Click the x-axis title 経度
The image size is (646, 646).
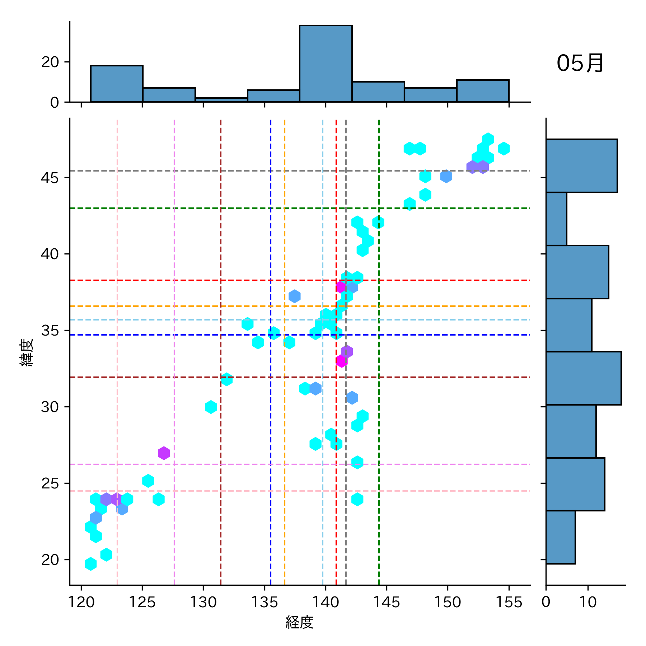pos(300,622)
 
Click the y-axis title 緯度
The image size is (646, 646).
pos(27,352)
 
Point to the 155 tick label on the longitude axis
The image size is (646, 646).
pos(509,602)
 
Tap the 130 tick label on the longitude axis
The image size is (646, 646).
pos(203,602)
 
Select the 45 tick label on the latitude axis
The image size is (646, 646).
pos(50,178)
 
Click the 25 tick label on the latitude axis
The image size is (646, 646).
pos(50,483)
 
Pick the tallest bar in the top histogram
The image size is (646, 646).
pos(326,64)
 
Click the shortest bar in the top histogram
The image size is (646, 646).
pos(221,100)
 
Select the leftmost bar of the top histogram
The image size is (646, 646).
pos(117,84)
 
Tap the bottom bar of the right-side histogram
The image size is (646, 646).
pos(560,537)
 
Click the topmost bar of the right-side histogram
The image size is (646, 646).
pos(581,166)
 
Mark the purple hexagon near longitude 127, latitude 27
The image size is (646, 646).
pos(164,453)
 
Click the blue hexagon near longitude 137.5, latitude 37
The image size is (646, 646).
pos(294,296)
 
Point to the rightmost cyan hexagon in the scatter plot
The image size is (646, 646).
pos(504,149)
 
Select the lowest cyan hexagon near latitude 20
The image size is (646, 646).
pos(91,564)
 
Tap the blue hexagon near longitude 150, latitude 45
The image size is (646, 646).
pos(446,176)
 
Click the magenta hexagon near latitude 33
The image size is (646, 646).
pos(341,361)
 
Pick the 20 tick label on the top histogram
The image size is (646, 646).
pos(50,62)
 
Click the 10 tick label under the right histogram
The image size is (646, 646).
pos(588,602)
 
